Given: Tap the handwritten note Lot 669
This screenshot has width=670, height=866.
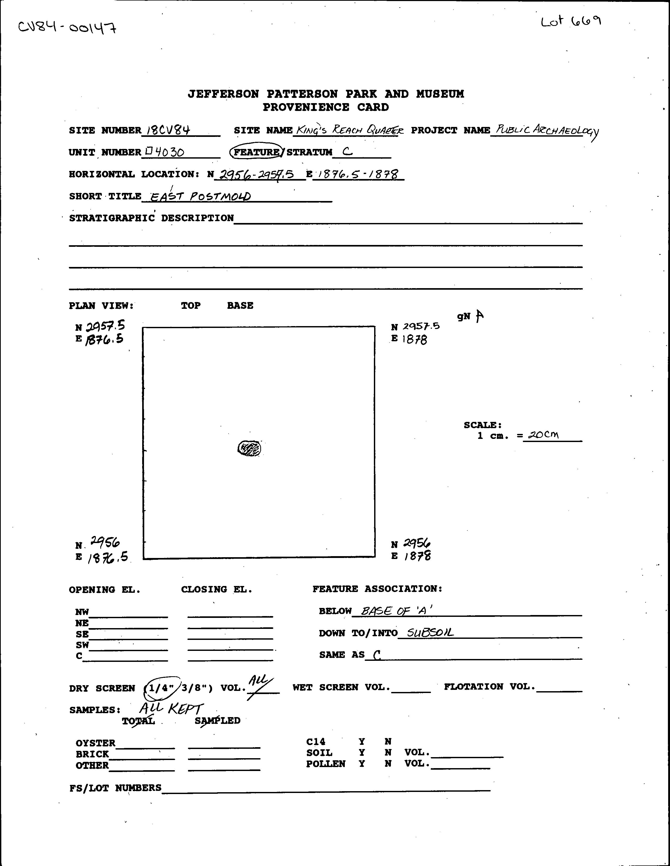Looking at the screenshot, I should tap(571, 21).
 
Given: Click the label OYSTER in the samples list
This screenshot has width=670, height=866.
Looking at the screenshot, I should tap(95, 743).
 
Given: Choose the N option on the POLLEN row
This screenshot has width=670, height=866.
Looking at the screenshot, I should tap(387, 764).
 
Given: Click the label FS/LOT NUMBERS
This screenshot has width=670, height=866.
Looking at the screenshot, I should tap(115, 787).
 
